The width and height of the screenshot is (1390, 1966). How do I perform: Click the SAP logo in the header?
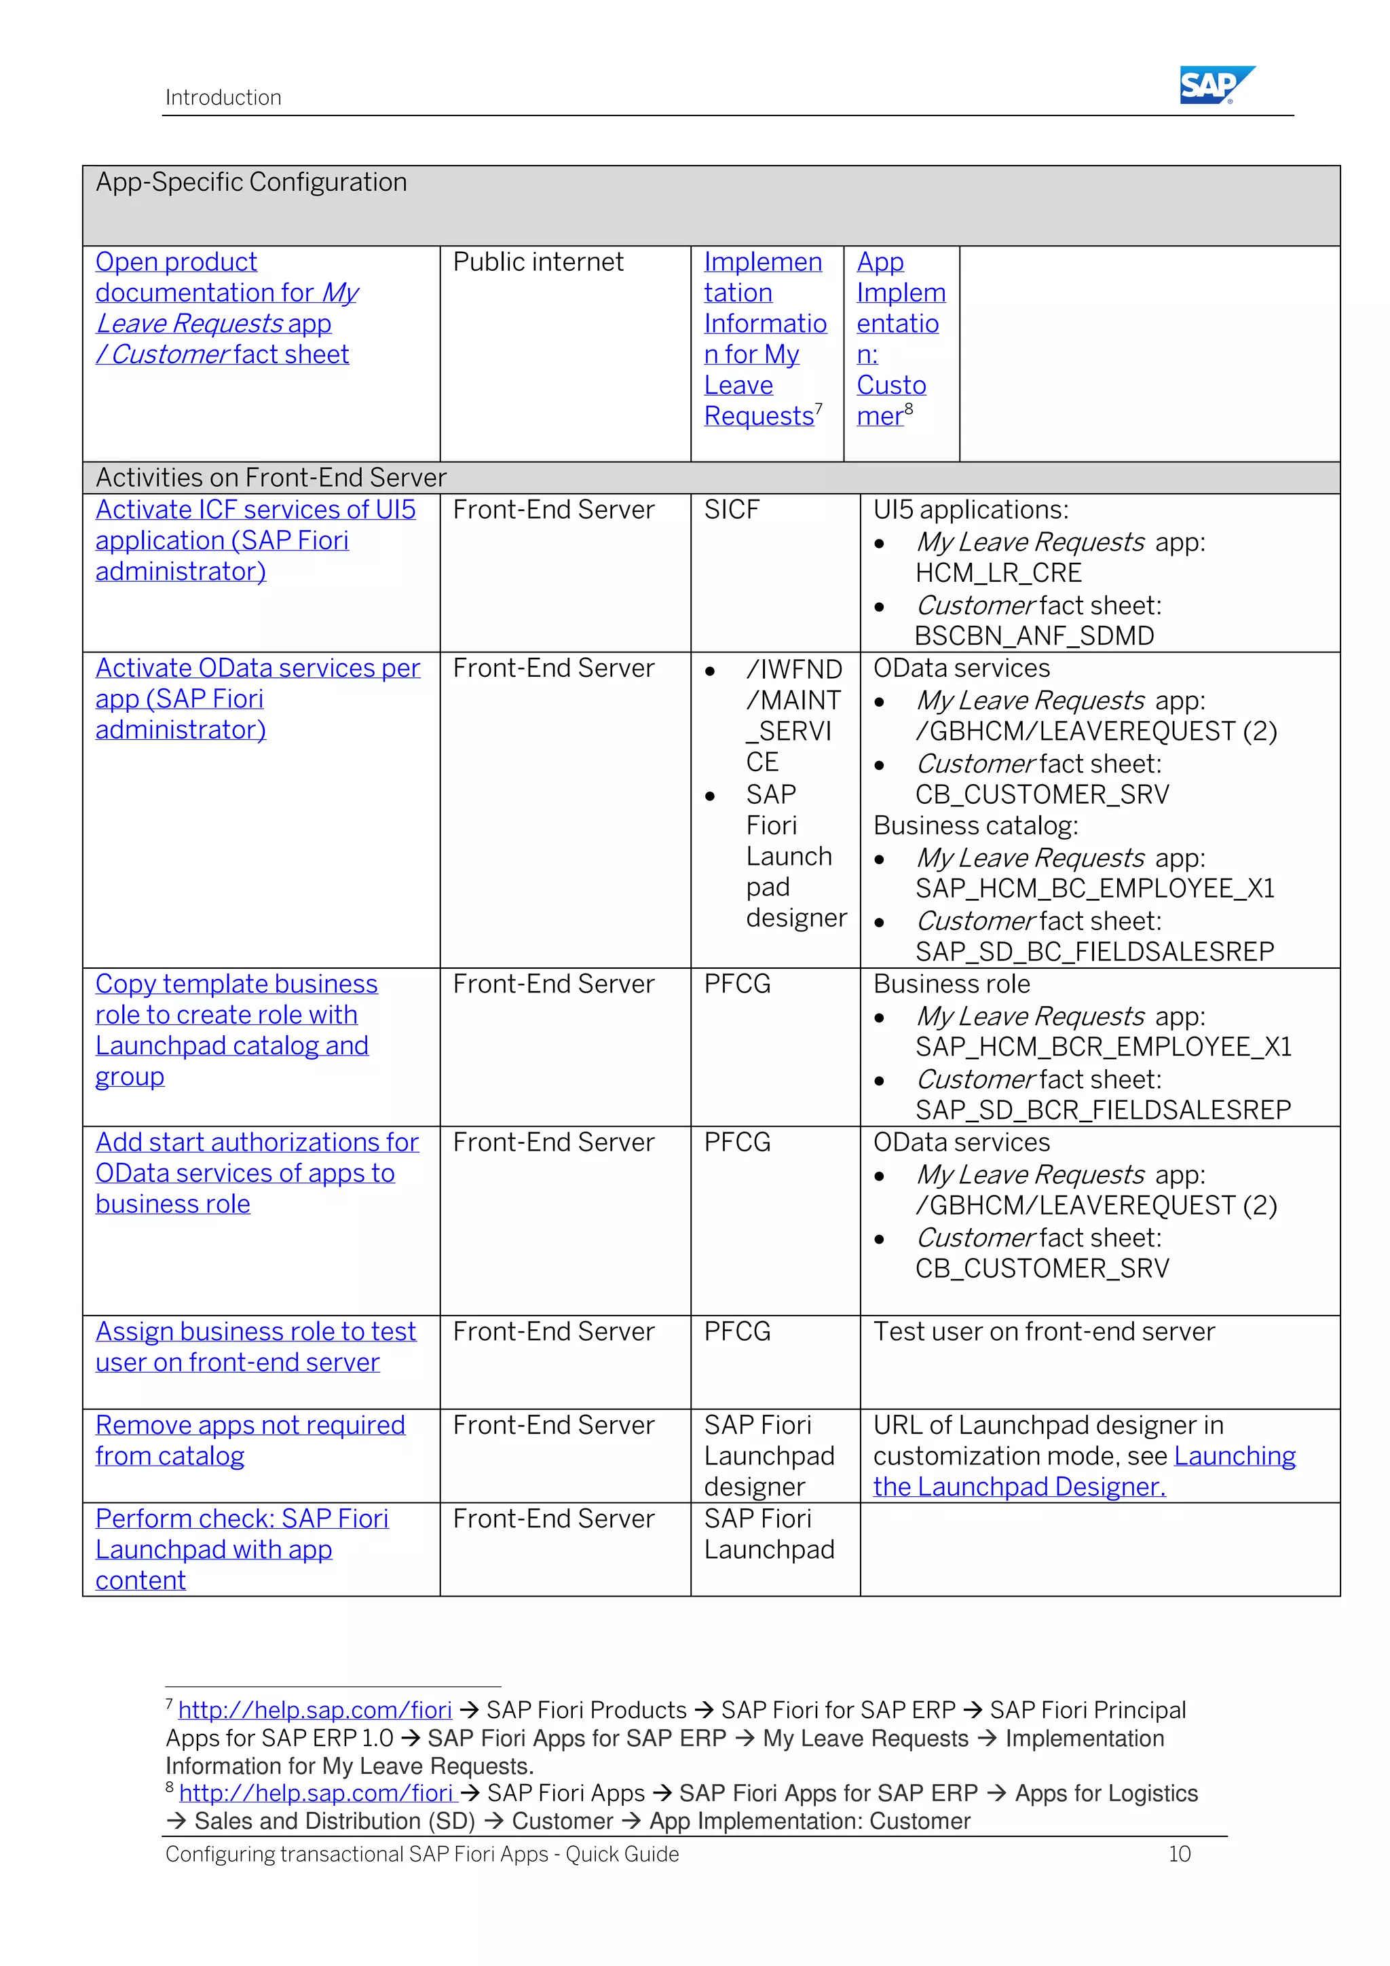pyautogui.click(x=1216, y=85)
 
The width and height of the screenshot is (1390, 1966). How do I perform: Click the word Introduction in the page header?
pyautogui.click(x=223, y=98)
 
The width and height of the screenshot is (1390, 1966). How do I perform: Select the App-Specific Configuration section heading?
pyautogui.click(x=252, y=183)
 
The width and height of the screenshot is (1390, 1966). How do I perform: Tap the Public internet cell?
pyautogui.click(x=538, y=262)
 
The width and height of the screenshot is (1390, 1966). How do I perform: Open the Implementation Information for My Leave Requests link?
pyautogui.click(x=764, y=339)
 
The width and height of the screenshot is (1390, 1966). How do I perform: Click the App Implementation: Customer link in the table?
pyautogui.click(x=899, y=339)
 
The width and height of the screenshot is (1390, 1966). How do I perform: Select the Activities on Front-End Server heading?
pyautogui.click(x=271, y=478)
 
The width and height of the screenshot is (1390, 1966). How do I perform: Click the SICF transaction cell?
pyautogui.click(x=732, y=511)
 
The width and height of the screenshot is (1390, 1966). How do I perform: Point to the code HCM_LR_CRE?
pyautogui.click(x=998, y=573)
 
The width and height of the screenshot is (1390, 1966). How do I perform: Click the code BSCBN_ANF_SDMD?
pyautogui.click(x=1034, y=636)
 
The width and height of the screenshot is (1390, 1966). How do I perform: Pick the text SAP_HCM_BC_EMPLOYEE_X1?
pyautogui.click(x=1095, y=889)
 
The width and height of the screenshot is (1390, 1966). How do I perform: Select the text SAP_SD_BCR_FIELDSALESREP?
pyautogui.click(x=1102, y=1111)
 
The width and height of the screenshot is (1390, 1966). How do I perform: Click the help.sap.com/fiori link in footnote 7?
pyautogui.click(x=315, y=1711)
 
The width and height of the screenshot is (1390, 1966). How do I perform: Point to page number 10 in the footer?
pyautogui.click(x=1180, y=1855)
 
